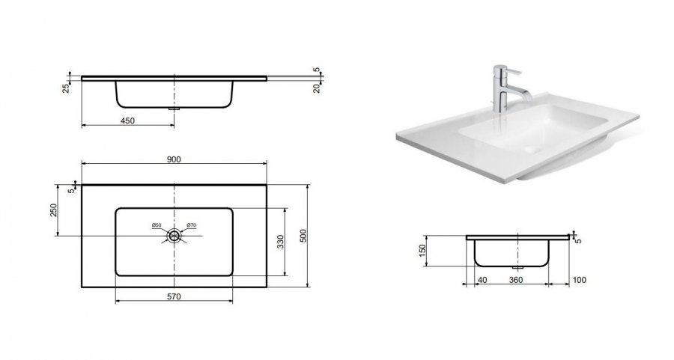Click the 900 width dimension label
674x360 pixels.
[174, 159]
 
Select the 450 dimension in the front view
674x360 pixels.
[127, 120]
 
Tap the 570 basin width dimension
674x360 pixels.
[174, 296]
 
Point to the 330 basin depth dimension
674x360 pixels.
[280, 242]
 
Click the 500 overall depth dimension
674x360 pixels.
[303, 236]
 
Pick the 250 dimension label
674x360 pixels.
[54, 210]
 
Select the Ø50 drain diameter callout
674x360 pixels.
[157, 225]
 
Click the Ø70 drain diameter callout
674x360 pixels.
[191, 225]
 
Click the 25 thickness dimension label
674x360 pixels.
[66, 88]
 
